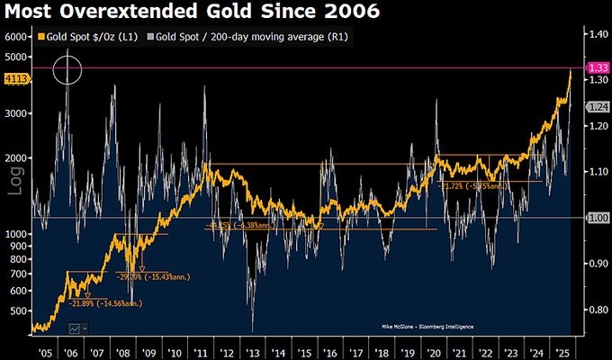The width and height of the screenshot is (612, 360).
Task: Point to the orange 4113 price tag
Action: (16, 79)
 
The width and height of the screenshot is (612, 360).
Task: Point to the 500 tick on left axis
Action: (19, 310)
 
